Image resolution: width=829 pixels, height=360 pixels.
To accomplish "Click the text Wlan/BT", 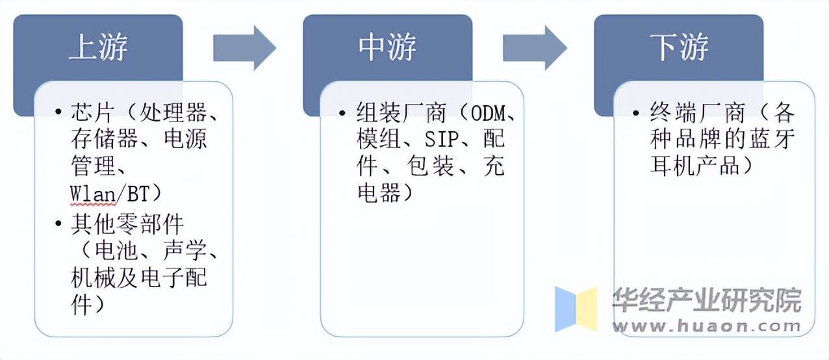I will click(x=116, y=194).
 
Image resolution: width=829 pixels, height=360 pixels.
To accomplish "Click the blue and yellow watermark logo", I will click(x=576, y=309).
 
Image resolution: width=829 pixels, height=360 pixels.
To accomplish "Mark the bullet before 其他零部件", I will click(x=60, y=225).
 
